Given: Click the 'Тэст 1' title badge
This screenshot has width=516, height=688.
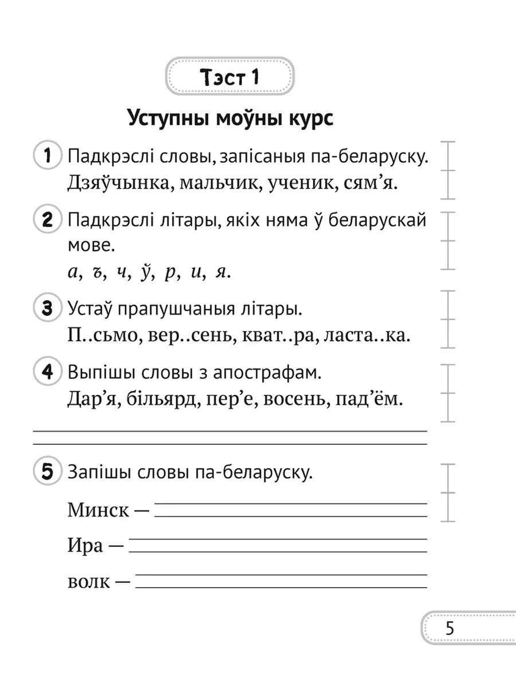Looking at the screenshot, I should coord(229,76).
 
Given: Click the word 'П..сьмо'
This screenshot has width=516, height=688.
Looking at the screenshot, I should coord(98,337).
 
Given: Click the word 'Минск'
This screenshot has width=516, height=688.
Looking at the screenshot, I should coord(98,510).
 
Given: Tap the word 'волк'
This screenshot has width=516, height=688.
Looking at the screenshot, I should coord(88,582).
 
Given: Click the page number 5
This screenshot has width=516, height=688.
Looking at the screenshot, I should coord(449,628).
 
